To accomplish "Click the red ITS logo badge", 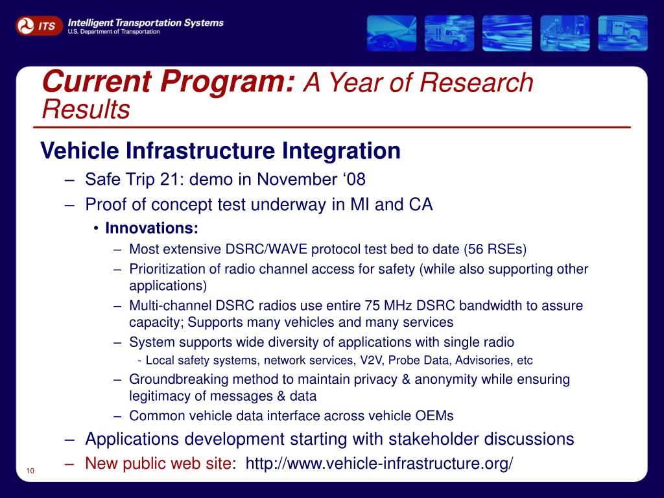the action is [x=39, y=26].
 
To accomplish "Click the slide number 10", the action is [x=30, y=471].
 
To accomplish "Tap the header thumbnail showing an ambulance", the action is [x=449, y=33].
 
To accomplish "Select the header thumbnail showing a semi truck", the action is [x=623, y=33].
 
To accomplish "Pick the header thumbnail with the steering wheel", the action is [x=392, y=33].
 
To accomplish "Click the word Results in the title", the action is [x=86, y=109].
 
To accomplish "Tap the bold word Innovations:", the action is [x=152, y=228].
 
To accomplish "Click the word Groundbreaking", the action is [x=179, y=379].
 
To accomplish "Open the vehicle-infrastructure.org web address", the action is [x=379, y=463].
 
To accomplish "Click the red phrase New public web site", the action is [x=158, y=463].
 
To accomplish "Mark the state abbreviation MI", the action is [x=360, y=204].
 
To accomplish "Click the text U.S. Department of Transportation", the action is [x=113, y=32].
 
